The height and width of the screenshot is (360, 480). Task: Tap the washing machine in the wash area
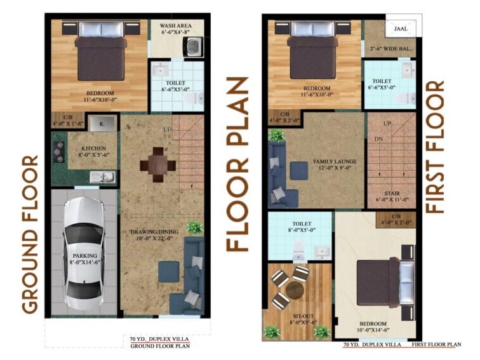[x=192, y=46]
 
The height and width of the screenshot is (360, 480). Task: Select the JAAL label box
[x=401, y=29]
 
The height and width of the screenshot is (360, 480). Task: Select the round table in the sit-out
[x=295, y=290]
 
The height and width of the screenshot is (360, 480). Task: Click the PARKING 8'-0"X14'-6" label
[x=84, y=260]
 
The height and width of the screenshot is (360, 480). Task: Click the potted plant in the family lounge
[x=276, y=135]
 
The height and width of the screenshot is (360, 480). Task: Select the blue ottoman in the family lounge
[x=298, y=170]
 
